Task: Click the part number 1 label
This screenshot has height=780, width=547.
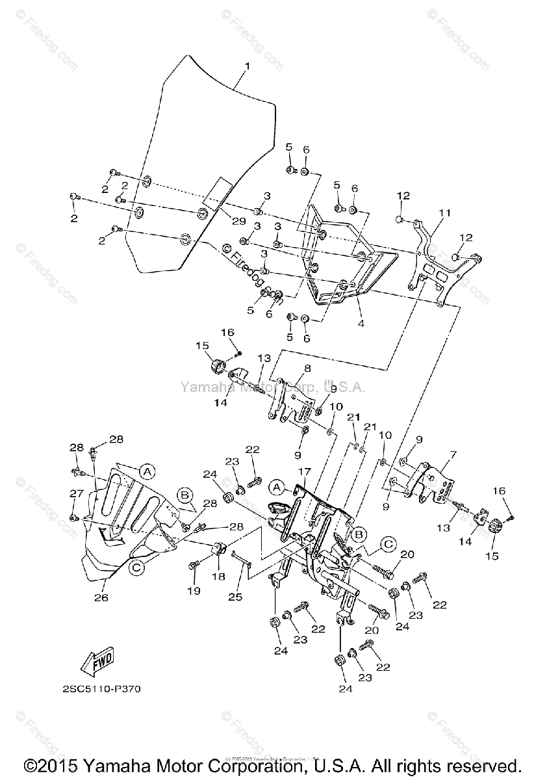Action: coord(247,66)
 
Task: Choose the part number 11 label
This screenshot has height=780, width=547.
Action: coord(444,212)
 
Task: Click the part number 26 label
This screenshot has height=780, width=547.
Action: coord(101,597)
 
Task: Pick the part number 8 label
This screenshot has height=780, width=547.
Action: coord(307,367)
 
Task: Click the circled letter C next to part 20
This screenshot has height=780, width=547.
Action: coord(389,543)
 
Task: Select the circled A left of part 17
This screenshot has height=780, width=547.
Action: coord(277,486)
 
